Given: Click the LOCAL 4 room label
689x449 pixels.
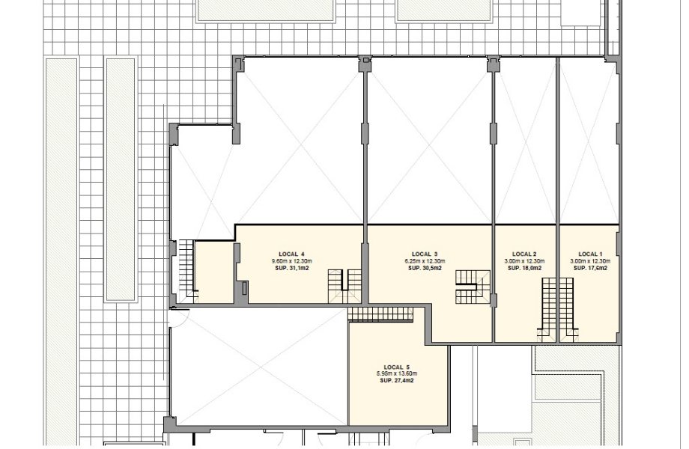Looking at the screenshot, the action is click(291, 254).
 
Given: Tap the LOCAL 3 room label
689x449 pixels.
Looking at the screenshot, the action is click(425, 254).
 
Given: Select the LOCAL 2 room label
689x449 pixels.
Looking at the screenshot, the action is click(524, 254).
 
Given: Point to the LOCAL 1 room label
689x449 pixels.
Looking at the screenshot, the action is click(590, 254).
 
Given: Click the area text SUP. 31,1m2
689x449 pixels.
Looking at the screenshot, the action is click(292, 268).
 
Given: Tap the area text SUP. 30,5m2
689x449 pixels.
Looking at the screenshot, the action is click(425, 268).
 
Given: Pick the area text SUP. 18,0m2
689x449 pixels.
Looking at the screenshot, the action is click(525, 268).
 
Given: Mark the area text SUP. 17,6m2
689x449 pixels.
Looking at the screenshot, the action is click(591, 268).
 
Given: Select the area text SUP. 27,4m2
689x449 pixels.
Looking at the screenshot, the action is click(397, 381).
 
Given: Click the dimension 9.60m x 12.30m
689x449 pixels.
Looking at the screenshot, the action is click(292, 261).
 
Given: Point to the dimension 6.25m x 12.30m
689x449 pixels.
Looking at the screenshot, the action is click(425, 261).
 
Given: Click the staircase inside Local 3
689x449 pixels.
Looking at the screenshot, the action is click(473, 287).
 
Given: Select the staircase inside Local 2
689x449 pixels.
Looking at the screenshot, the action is click(549, 309).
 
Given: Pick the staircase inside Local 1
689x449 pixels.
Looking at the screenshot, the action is click(566, 309).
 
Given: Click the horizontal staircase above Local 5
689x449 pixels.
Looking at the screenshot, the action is click(380, 314).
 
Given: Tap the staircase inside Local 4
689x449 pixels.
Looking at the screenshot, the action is click(345, 286).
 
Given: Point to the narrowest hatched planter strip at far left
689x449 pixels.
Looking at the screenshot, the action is click(120, 180).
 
